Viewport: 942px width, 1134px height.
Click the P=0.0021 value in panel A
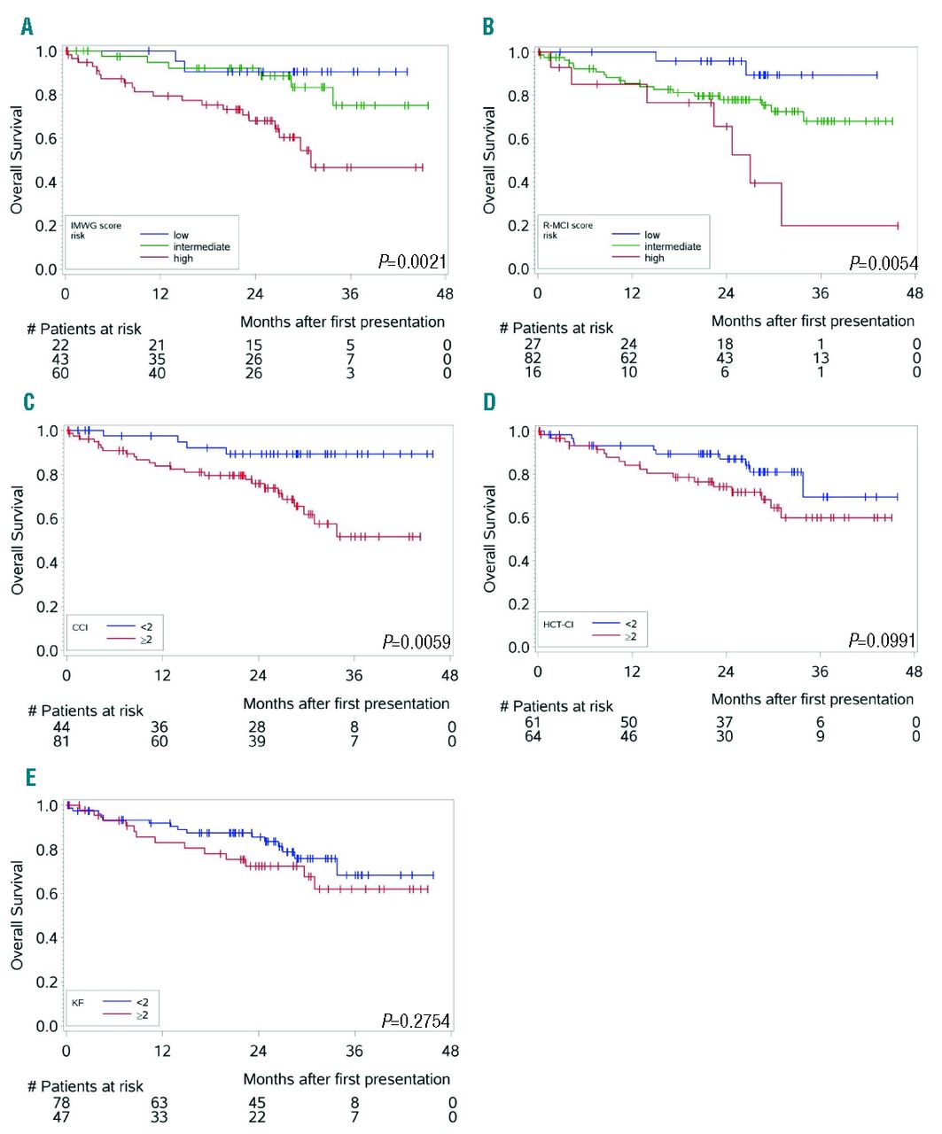coord(412,261)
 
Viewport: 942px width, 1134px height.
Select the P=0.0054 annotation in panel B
coord(884,263)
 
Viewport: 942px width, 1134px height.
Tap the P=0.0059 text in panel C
coord(417,641)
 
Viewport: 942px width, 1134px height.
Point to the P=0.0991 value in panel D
coord(882,640)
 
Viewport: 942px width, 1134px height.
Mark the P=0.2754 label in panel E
coord(416,1021)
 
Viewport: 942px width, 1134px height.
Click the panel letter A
coord(27,27)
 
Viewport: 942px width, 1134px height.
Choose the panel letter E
coord(31,777)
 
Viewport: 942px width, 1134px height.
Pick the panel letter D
coord(489,402)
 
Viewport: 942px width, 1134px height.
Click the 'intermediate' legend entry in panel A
coord(201,247)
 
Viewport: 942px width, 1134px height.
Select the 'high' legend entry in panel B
coord(654,258)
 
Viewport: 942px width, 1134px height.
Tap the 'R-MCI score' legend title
coord(568,226)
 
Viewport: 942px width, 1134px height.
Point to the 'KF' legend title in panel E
coord(79,1003)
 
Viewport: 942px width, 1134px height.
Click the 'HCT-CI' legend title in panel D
coord(558,625)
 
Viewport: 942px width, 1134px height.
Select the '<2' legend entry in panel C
coord(145,626)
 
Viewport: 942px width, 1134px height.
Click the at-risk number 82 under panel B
coord(533,358)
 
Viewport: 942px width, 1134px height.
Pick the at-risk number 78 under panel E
coord(61,1103)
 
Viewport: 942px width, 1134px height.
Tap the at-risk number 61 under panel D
coord(533,722)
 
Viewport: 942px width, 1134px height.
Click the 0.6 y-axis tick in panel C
coord(47,519)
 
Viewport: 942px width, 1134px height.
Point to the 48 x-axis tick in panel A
coord(445,294)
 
